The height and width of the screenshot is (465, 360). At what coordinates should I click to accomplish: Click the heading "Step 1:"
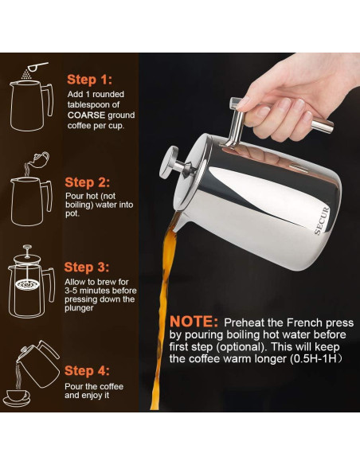(89, 80)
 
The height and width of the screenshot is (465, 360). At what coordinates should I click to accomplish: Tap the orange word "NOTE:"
(194, 322)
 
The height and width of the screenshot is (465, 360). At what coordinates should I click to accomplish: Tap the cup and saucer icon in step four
(17, 395)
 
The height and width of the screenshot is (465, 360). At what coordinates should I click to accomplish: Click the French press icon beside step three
(30, 283)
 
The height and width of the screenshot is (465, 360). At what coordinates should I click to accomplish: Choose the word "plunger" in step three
(81, 309)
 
